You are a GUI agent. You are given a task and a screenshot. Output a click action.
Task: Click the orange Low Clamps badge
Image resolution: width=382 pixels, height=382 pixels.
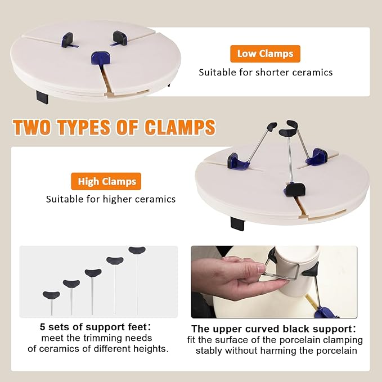tap(265, 54)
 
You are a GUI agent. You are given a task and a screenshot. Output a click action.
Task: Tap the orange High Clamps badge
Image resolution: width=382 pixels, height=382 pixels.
tap(106, 181)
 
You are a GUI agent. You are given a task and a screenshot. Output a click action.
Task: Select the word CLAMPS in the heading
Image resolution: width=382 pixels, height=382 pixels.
tap(179, 127)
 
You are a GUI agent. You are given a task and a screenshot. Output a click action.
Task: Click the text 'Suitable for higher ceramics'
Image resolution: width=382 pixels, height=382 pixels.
tap(111, 199)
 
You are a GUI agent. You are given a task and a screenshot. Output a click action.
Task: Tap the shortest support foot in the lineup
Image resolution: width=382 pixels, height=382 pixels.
tap(51, 296)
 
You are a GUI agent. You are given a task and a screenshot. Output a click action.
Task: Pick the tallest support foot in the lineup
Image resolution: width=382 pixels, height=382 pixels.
tap(137, 251)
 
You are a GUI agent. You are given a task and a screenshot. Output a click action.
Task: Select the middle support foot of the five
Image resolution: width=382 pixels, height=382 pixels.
tap(93, 274)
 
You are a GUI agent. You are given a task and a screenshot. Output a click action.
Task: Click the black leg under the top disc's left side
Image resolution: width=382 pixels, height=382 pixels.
tap(43, 96)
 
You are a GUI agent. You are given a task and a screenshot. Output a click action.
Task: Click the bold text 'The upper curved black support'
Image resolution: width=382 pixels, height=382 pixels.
tap(273, 329)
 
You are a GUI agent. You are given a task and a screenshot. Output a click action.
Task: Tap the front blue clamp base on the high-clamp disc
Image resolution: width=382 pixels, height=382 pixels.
tap(294, 190)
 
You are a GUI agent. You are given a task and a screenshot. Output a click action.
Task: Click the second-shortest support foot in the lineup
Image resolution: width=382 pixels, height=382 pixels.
tap(71, 285)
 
